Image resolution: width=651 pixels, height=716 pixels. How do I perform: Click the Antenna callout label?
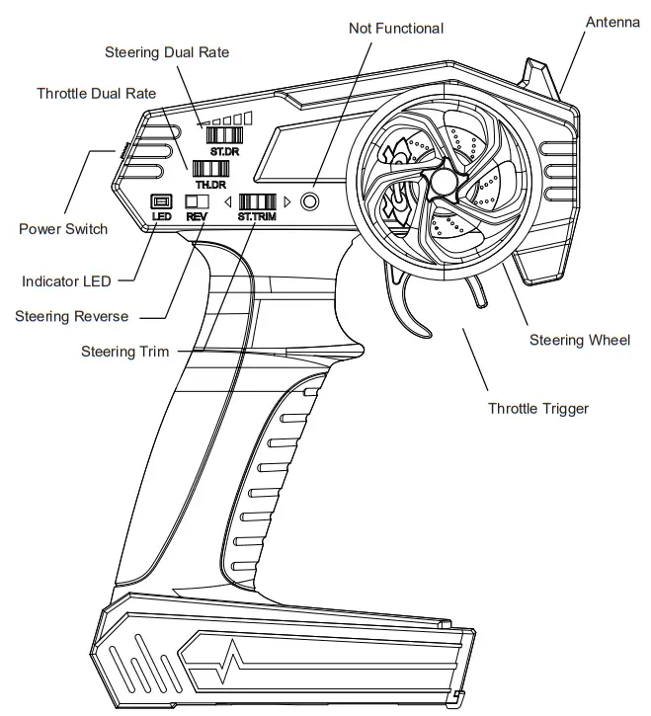coord(612,22)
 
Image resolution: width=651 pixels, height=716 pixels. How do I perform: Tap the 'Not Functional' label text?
coord(396,29)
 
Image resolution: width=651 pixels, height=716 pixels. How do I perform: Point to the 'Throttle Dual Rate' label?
coord(96,94)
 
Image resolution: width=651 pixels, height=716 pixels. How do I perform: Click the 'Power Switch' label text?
coord(63,229)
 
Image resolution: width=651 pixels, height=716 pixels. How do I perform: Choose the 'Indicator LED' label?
coord(67,281)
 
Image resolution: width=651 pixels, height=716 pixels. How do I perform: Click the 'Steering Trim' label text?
coord(124,352)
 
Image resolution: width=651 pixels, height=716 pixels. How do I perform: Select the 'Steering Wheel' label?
coord(579,341)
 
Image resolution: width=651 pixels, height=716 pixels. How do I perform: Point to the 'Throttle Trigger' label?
coord(537,408)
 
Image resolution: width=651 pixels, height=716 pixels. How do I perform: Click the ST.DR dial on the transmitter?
coord(225,136)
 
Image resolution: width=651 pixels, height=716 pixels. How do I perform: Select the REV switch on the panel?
coord(197,202)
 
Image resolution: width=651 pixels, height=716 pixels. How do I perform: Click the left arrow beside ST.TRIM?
coord(228,202)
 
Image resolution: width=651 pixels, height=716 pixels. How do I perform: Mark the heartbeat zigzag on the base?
coord(238,660)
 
